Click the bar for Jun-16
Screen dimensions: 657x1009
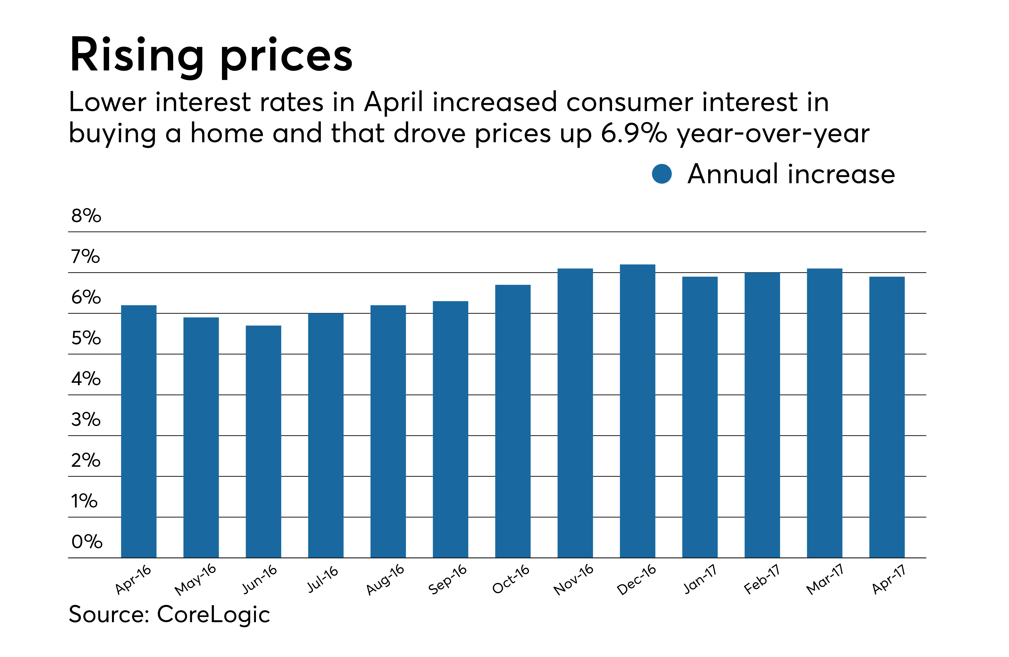tap(263, 441)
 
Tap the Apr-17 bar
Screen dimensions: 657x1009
tap(887, 417)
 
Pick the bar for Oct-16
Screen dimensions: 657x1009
tap(512, 421)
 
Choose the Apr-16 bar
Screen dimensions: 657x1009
tap(139, 431)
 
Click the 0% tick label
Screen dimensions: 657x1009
tap(86, 541)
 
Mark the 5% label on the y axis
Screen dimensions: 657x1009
tap(86, 338)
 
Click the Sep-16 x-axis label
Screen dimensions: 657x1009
tap(448, 579)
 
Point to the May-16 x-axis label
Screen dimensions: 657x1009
tap(196, 579)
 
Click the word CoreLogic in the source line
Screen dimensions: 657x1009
tap(213, 614)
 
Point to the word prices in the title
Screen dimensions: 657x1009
tap(286, 57)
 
